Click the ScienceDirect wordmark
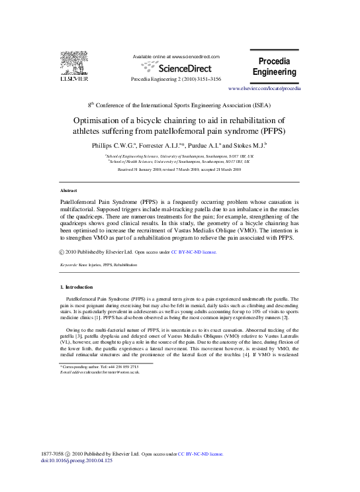[179, 67]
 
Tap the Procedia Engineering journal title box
[274, 66]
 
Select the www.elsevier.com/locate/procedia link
[264, 88]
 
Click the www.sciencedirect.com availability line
[176, 57]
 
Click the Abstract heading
[69, 190]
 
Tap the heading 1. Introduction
[79, 287]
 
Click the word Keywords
[70, 265]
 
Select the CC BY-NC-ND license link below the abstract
[193, 252]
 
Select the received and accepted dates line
[179, 170]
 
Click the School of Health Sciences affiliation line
[179, 161]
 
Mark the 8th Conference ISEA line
[179, 105]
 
